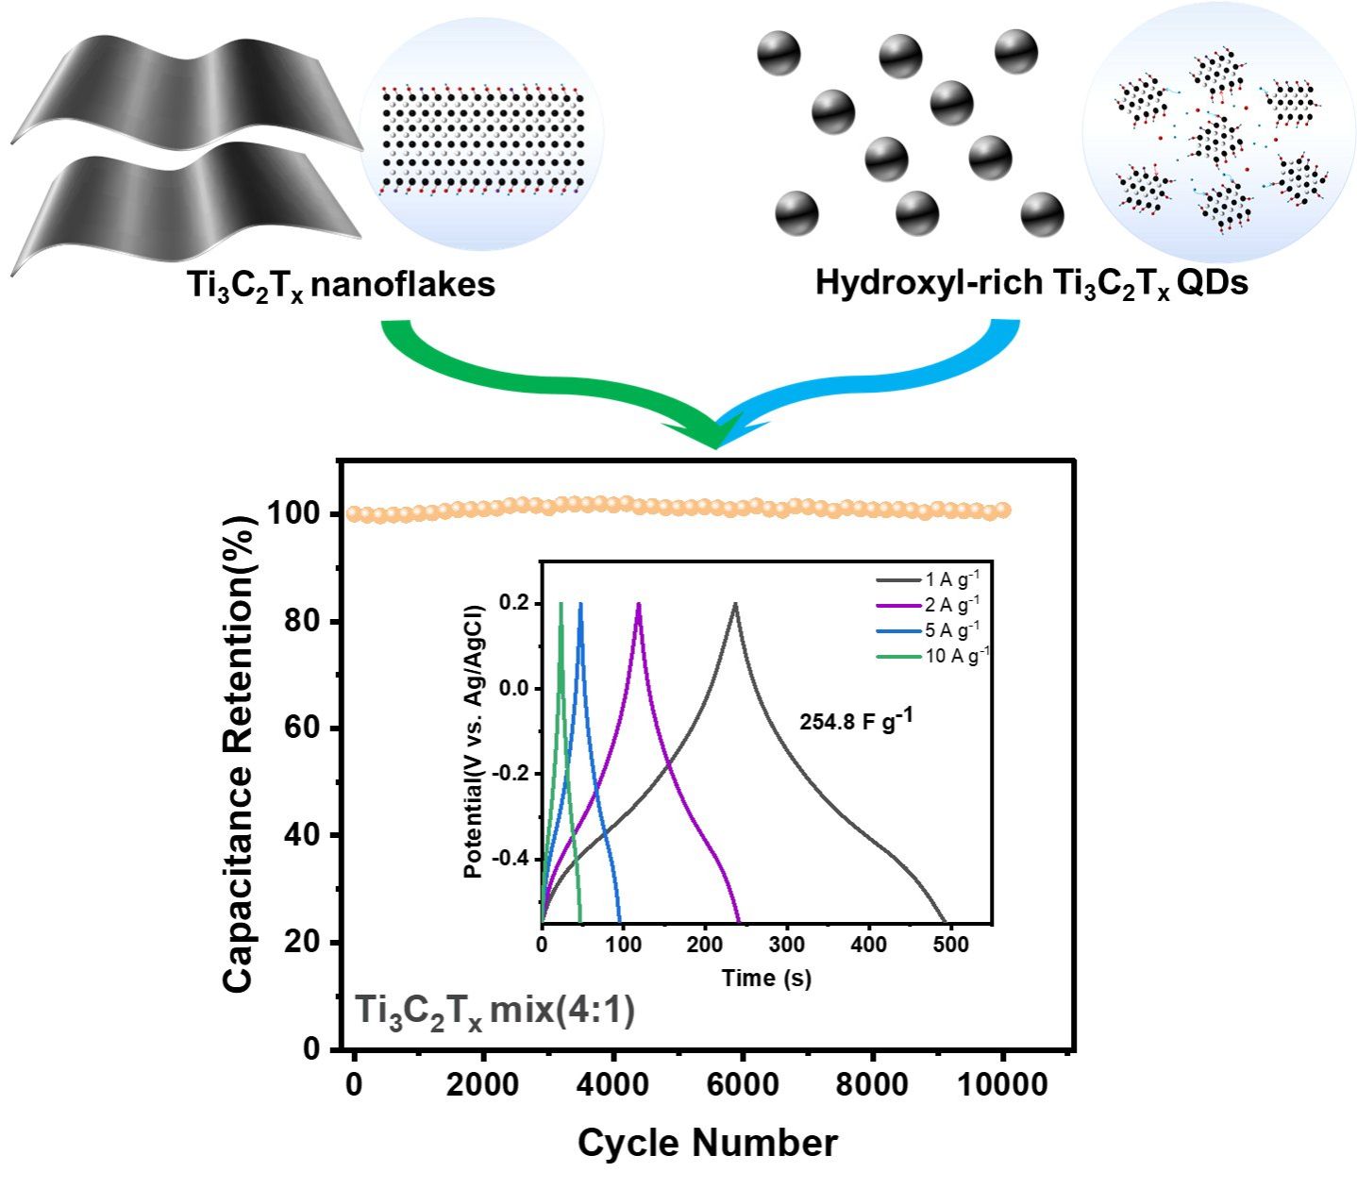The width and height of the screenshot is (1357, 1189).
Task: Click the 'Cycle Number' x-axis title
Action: click(x=708, y=1143)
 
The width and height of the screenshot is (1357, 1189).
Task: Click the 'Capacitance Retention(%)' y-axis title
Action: click(x=239, y=754)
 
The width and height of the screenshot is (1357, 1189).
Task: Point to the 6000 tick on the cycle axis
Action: click(x=742, y=1084)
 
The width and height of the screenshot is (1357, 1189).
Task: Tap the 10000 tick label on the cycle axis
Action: click(x=1003, y=1084)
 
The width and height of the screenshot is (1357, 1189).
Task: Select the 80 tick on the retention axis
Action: click(x=302, y=621)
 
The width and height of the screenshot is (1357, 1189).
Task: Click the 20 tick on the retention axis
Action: click(x=302, y=942)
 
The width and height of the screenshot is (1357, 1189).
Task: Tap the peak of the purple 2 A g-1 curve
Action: click(x=639, y=604)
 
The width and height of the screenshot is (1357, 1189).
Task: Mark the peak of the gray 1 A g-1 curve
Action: click(x=735, y=604)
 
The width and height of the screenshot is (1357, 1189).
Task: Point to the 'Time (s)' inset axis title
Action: click(x=766, y=979)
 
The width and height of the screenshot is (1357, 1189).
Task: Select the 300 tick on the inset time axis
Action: click(x=787, y=945)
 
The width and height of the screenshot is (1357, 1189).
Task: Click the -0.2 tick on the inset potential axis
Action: click(x=513, y=773)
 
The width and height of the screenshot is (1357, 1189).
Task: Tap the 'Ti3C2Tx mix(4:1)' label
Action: click(x=494, y=1013)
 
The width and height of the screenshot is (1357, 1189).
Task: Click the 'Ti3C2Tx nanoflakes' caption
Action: click(x=341, y=286)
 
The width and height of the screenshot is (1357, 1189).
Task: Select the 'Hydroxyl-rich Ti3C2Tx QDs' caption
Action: click(x=1031, y=284)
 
